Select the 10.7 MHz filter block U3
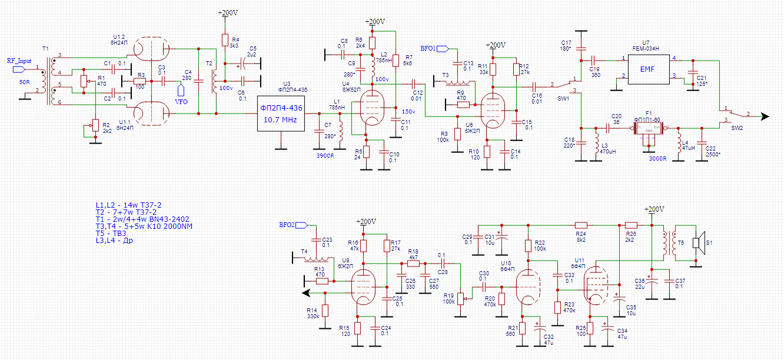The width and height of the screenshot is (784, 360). point(281,114)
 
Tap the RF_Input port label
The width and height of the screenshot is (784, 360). point(19,61)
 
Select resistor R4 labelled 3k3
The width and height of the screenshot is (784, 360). point(224,40)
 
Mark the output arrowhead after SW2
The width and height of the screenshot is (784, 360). point(764,116)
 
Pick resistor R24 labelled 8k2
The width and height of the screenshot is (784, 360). point(581,225)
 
